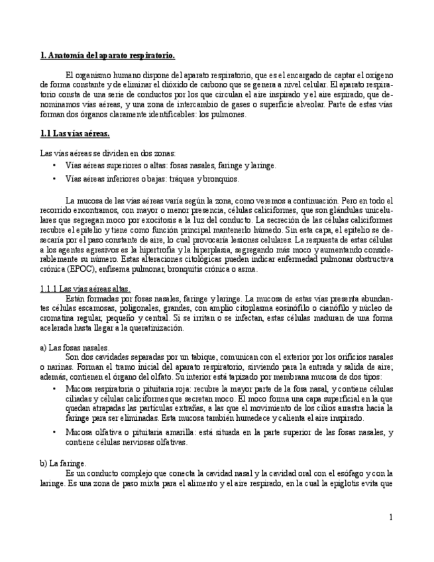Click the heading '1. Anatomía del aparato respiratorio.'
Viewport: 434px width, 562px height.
pyautogui.click(x=108, y=56)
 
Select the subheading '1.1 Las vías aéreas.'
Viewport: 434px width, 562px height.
pyautogui.click(x=75, y=134)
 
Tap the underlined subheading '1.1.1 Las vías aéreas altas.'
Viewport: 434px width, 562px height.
pyautogui.click(x=85, y=289)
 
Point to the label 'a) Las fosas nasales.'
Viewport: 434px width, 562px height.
pyautogui.click(x=75, y=347)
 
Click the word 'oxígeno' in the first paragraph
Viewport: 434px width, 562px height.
pyautogui.click(x=378, y=76)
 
